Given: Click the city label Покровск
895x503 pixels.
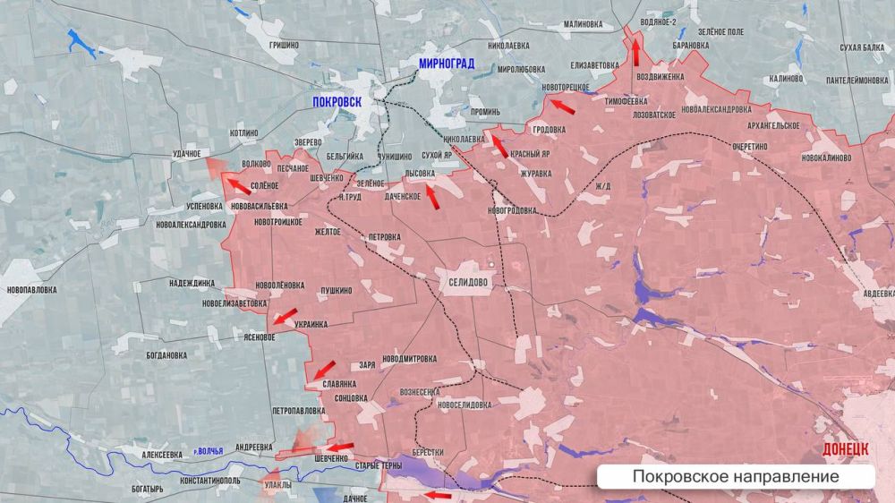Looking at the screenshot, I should point(337,102).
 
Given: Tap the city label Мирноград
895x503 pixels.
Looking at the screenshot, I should point(447,64).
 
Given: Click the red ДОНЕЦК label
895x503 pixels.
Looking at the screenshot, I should point(845,448).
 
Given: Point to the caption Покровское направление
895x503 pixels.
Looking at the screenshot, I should point(736,477).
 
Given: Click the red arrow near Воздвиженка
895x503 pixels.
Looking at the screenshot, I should point(635,53).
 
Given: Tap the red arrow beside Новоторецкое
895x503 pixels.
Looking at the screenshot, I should point(561,107).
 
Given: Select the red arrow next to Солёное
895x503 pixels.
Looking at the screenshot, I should point(238,186).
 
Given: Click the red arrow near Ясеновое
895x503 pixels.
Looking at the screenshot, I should point(285,317).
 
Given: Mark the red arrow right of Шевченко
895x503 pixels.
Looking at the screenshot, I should point(339,448).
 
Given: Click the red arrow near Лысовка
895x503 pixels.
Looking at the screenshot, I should point(432,196).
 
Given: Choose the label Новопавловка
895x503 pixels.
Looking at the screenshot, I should point(31,290).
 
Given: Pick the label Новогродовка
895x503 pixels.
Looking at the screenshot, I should point(513,210).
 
